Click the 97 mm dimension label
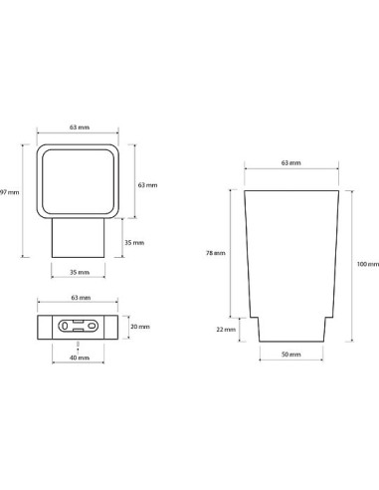[x=9, y=192]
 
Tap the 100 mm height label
[x=368, y=264]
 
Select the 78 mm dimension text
[x=216, y=253]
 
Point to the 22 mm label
[x=226, y=330]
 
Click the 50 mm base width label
[x=291, y=355]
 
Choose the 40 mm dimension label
[x=80, y=358]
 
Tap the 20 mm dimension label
[x=140, y=327]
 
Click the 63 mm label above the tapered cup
[x=291, y=163]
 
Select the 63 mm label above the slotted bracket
[x=81, y=298]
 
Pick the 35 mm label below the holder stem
[x=80, y=272]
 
